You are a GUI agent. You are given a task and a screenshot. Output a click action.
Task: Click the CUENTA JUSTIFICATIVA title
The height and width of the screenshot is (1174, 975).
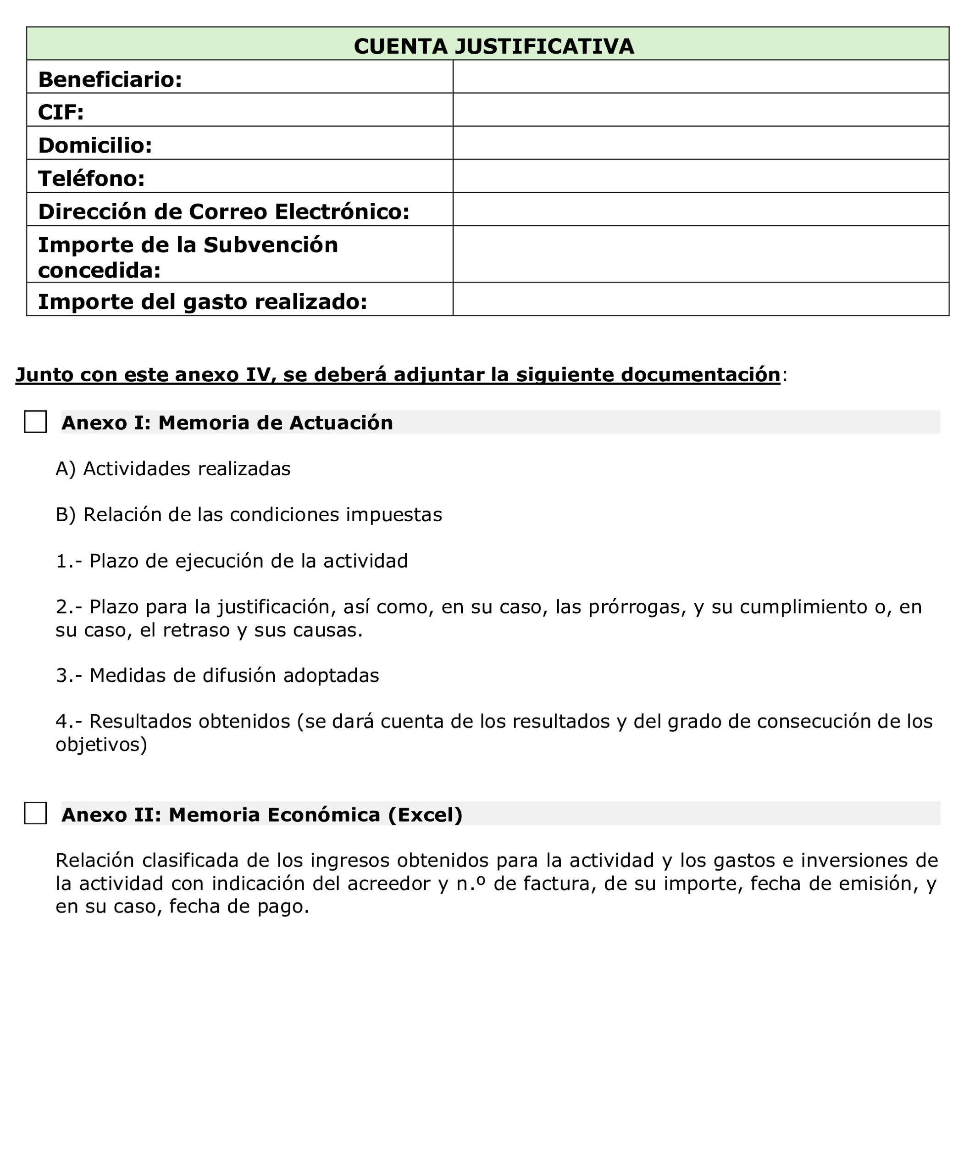point(493,46)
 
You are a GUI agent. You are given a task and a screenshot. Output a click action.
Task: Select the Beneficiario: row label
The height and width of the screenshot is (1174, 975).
point(110,79)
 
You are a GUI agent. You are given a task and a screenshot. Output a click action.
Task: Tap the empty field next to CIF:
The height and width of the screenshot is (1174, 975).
point(700,110)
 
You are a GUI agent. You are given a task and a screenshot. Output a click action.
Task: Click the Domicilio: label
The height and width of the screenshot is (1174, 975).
point(95,145)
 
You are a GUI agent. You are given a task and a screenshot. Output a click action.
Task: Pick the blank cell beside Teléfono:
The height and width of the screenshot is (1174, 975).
point(700,176)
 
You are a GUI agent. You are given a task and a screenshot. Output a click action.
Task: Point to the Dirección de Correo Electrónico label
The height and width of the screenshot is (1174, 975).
point(223,211)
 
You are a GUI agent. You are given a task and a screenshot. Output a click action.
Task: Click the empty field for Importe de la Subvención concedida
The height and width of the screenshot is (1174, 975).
point(700,254)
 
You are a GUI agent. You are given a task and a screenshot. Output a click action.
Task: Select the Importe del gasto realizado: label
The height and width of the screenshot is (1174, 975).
point(202,302)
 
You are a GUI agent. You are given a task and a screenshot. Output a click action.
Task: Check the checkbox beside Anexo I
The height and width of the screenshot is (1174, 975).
point(35,422)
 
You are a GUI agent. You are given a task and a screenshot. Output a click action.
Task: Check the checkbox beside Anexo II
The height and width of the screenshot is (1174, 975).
point(35,813)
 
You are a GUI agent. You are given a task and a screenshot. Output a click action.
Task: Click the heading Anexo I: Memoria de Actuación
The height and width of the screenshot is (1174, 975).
point(227,423)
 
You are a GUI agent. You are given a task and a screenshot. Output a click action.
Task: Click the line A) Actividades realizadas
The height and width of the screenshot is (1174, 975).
point(173,468)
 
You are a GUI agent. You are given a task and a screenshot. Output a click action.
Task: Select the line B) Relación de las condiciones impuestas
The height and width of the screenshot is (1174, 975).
point(249,514)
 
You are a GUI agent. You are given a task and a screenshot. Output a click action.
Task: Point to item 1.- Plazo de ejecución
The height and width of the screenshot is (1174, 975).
point(232,561)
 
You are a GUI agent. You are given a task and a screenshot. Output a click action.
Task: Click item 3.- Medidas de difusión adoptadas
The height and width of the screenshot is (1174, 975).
point(217,675)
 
